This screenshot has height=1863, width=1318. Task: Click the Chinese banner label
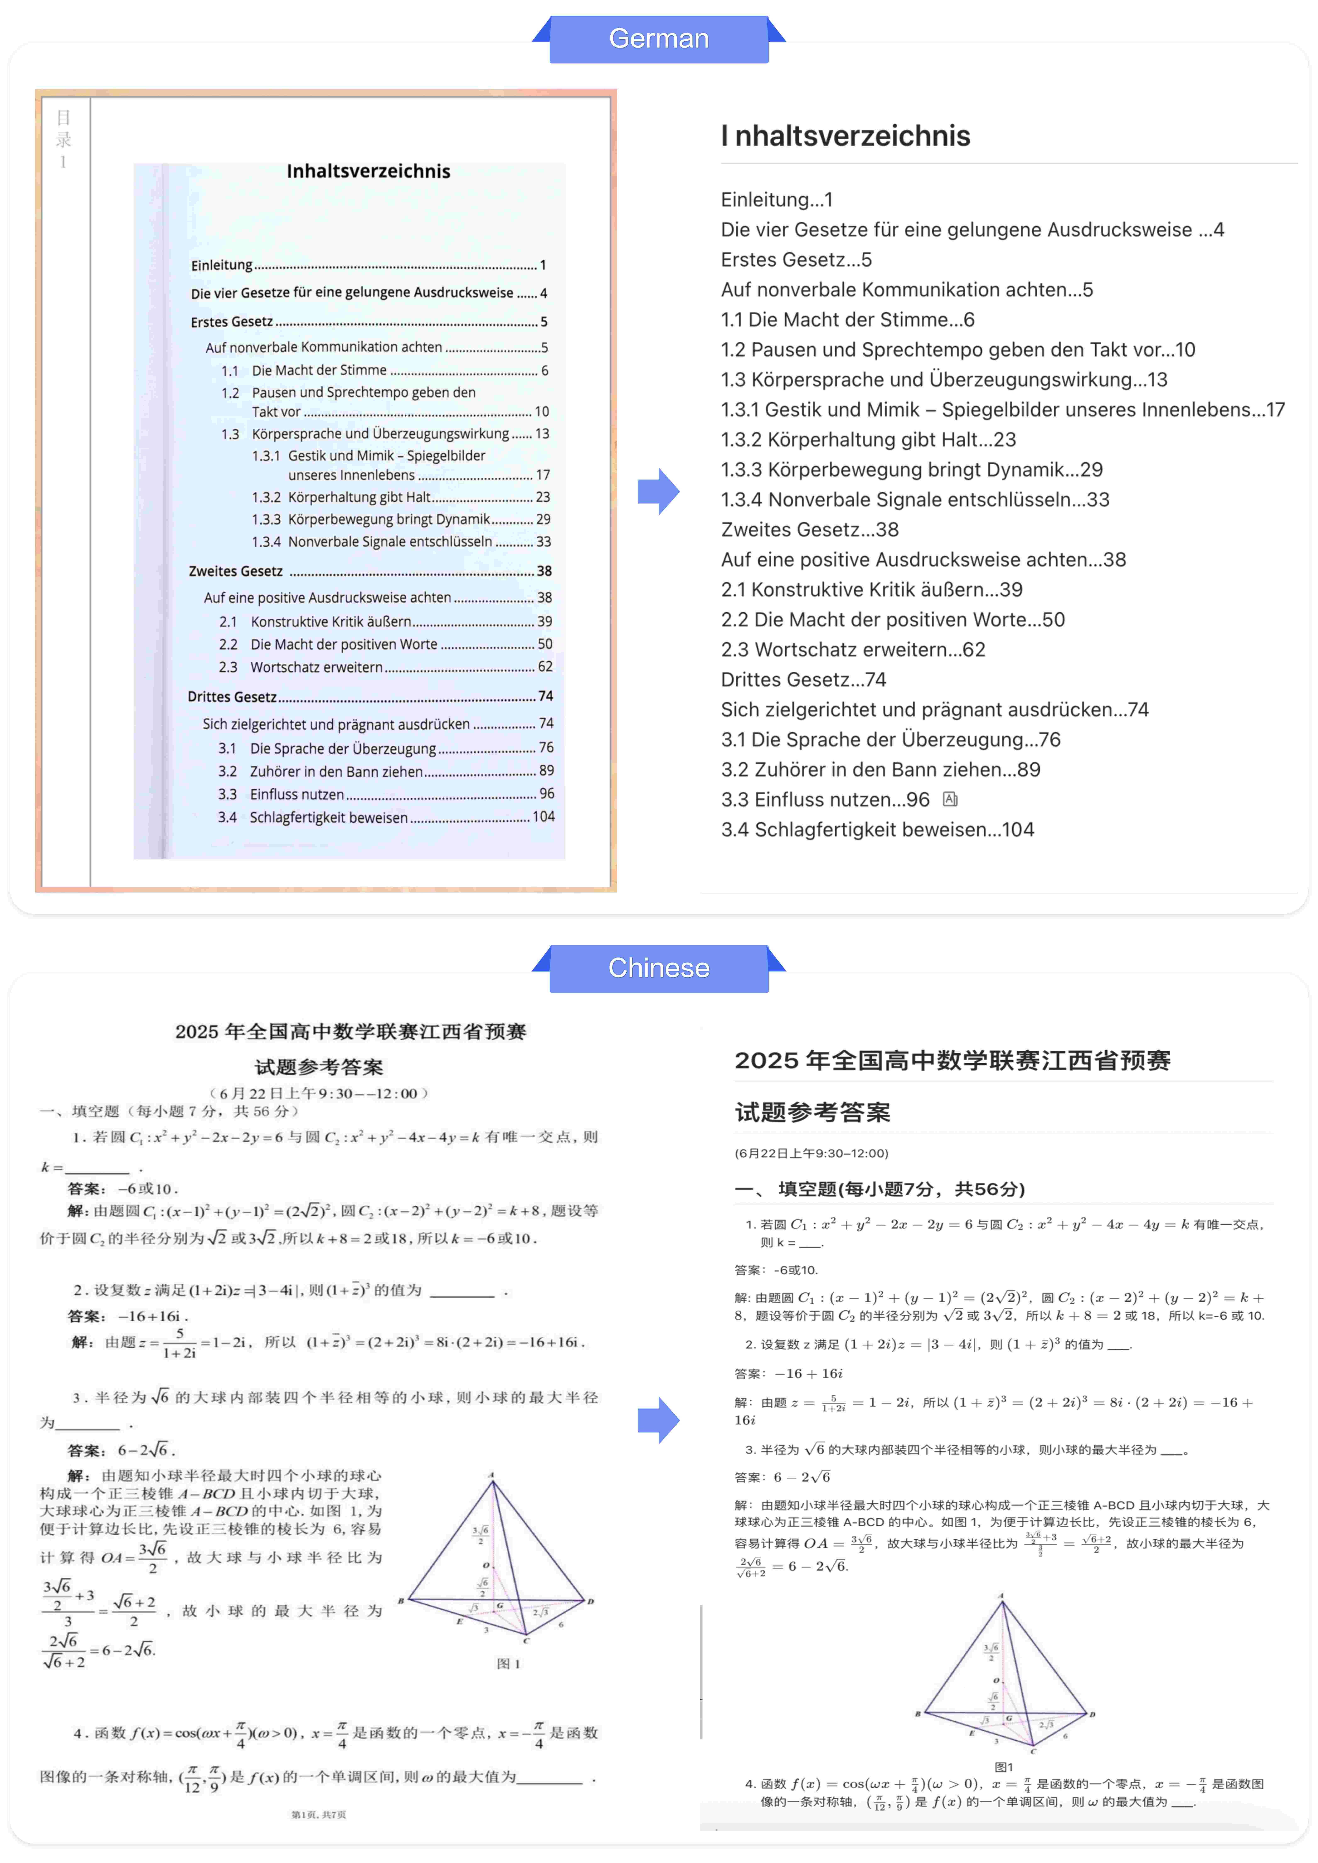point(658,968)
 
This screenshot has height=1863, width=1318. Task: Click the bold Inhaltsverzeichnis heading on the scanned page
point(368,171)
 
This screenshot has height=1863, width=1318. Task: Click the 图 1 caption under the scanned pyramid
point(508,1663)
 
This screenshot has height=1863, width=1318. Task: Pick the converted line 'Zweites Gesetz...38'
point(809,530)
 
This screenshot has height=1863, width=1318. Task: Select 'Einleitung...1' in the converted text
point(777,200)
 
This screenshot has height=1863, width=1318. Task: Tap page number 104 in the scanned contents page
point(543,816)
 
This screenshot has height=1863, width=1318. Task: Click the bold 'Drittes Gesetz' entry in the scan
point(232,696)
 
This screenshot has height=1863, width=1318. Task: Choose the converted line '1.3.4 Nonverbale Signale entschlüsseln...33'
point(915,500)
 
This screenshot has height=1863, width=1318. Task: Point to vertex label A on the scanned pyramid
point(491,1474)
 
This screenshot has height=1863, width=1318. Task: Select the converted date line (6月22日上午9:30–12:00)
point(811,1153)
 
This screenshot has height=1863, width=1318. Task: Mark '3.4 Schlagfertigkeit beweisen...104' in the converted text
point(877,829)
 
